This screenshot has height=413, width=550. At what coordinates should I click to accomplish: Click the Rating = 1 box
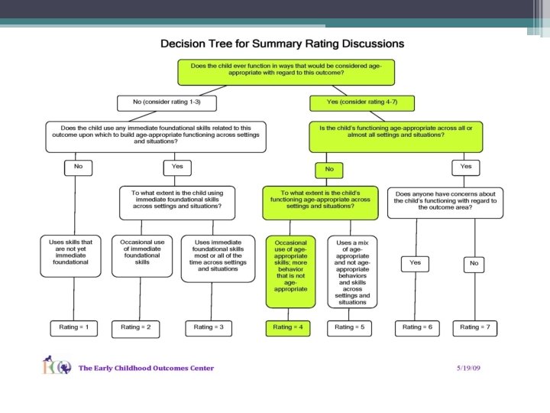click(74, 328)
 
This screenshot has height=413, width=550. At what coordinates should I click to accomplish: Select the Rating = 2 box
click(136, 329)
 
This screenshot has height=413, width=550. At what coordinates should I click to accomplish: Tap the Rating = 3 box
click(209, 328)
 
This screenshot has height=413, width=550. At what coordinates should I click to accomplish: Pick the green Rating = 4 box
click(288, 328)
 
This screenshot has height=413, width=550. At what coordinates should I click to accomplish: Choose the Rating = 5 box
click(349, 328)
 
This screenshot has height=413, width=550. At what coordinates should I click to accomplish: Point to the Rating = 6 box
click(417, 328)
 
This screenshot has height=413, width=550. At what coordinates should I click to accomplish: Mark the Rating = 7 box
click(475, 328)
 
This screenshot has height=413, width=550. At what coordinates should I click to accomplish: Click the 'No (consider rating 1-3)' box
click(167, 103)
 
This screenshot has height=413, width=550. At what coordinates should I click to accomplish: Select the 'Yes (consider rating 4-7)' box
click(362, 103)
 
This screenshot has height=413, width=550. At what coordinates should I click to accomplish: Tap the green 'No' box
click(329, 170)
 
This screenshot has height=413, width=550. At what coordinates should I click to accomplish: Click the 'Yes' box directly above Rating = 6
click(415, 264)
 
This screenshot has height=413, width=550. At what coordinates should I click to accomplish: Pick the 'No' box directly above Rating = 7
click(474, 265)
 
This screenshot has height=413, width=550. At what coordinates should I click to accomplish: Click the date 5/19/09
click(468, 368)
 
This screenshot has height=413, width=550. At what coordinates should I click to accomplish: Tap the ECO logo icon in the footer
click(57, 365)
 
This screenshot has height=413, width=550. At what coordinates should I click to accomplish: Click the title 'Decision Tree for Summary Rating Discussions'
click(283, 44)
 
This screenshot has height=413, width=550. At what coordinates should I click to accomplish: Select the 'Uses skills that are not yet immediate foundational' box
click(70, 256)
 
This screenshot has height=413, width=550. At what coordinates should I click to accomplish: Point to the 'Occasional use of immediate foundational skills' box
click(142, 256)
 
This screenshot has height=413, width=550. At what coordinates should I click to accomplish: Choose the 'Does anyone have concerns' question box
click(445, 203)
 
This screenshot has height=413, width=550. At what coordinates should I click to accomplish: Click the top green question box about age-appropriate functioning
click(286, 73)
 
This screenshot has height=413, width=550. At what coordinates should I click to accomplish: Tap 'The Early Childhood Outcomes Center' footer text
click(146, 368)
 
